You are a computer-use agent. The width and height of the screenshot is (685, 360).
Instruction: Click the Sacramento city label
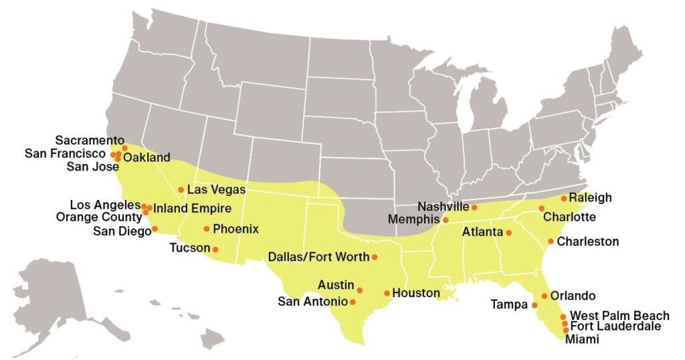point(90,141)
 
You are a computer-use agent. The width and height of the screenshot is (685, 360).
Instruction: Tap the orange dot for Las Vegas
point(181,189)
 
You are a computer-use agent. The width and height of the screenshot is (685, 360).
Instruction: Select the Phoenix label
point(235,229)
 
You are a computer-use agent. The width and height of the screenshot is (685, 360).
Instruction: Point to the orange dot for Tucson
point(215,249)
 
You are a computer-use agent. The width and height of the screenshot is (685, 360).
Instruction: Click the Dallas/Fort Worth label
point(318,256)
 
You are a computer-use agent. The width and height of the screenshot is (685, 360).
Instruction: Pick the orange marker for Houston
point(387,293)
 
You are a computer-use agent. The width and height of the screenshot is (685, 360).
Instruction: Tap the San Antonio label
point(312,302)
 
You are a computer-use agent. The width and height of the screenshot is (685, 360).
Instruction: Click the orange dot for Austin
point(360,290)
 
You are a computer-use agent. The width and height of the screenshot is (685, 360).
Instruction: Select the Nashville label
point(445,207)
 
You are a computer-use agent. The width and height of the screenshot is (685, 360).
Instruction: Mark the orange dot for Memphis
point(446,219)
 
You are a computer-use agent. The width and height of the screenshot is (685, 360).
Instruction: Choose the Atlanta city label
point(482,233)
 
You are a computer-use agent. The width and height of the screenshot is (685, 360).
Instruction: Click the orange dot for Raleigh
point(564,198)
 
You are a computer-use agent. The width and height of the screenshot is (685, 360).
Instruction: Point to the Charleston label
point(588,241)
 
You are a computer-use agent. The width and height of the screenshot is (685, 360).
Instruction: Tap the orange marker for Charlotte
point(541,209)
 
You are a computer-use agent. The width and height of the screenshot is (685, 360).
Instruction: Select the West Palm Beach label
point(619,316)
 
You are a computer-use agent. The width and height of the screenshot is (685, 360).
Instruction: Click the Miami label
point(582,340)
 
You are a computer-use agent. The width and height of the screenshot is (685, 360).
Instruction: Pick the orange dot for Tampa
point(534,305)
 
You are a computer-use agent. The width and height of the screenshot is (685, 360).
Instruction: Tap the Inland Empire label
point(193,208)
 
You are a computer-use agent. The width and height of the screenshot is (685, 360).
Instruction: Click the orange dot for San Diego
point(155,229)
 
